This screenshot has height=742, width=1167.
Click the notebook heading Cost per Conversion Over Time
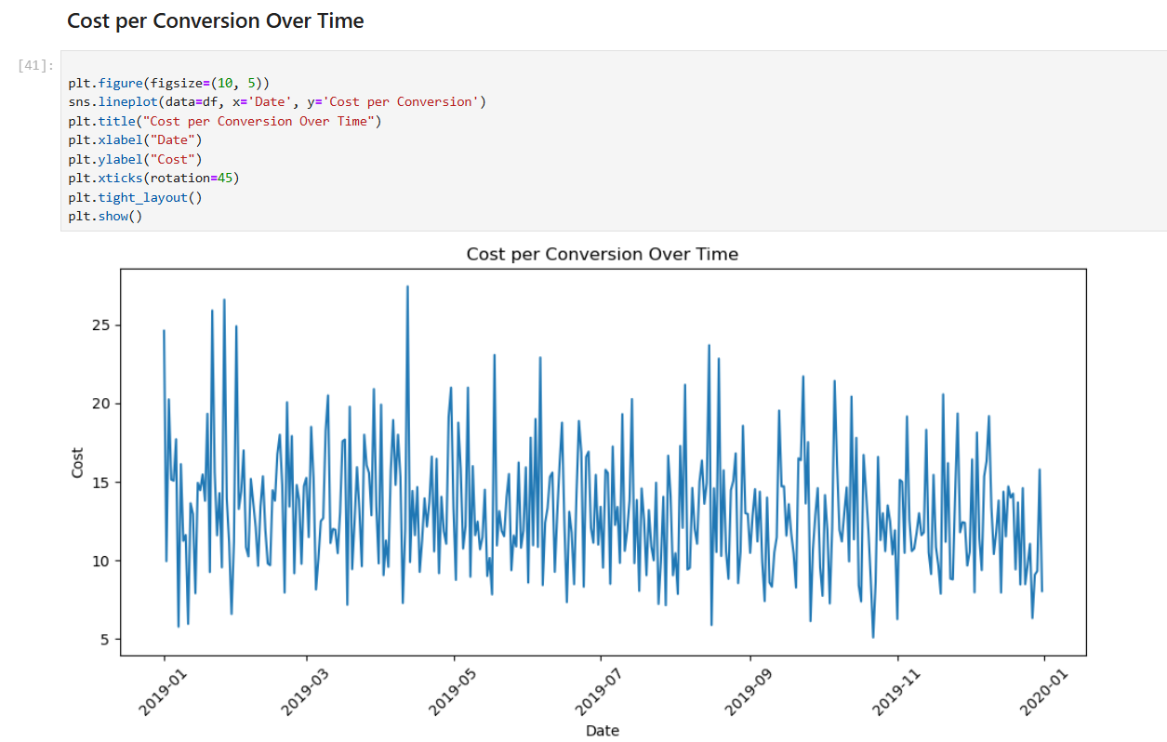pos(215,21)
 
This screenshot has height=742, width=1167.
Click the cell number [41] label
pos(35,65)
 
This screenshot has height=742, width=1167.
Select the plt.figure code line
pos(168,83)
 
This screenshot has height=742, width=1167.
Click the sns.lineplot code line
pos(276,101)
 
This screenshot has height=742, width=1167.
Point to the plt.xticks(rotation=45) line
pos(153,178)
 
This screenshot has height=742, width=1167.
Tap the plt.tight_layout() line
pos(134,197)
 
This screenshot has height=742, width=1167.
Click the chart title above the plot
pos(602,254)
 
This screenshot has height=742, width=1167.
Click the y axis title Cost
pos(77,462)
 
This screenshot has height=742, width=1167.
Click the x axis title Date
pos(602,731)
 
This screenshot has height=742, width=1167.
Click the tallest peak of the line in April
pos(407,287)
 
